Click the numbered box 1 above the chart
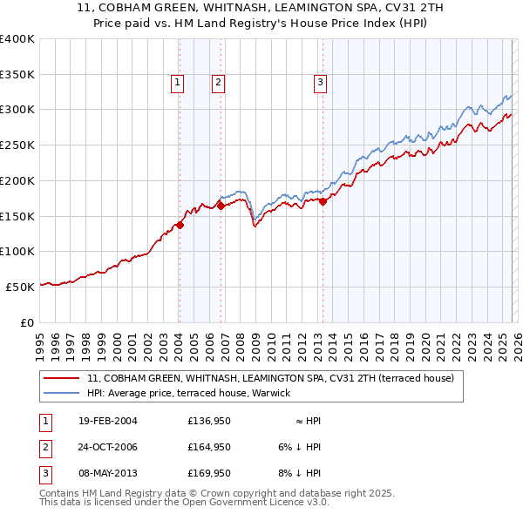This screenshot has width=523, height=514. pyautogui.click(x=177, y=83)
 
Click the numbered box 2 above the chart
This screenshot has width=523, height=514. pyautogui.click(x=218, y=83)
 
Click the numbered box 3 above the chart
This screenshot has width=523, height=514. pyautogui.click(x=320, y=83)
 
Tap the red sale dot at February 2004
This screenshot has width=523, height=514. pyautogui.click(x=180, y=225)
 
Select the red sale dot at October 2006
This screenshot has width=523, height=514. pyautogui.click(x=221, y=206)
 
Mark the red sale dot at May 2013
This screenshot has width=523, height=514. pyautogui.click(x=323, y=201)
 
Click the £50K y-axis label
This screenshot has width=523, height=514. pyautogui.click(x=21, y=286)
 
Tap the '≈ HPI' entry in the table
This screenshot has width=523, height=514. pyautogui.click(x=308, y=421)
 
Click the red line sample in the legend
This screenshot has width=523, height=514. pyautogui.click(x=61, y=379)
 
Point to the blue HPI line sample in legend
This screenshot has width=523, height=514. pyautogui.click(x=61, y=394)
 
